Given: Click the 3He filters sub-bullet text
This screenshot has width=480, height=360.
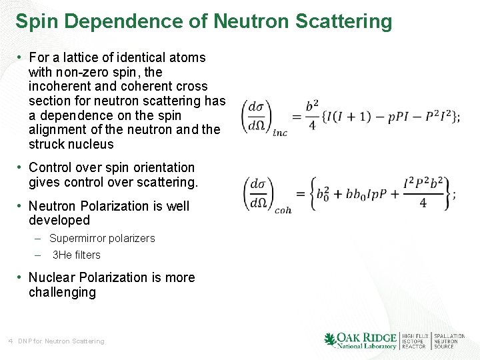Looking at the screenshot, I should click(76, 255).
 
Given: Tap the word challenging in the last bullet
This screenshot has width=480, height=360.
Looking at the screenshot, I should click(62, 293).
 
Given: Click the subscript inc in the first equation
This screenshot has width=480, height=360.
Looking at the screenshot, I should click(280, 133).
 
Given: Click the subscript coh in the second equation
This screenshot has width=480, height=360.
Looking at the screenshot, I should click(283, 210).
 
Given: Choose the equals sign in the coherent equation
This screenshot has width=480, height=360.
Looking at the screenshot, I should click(301, 194).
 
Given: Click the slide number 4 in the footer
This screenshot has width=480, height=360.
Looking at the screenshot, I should click(11, 341).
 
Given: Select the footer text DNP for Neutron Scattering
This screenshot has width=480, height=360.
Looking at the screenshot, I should click(61, 341).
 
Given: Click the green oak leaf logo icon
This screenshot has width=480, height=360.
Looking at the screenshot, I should click(330, 339).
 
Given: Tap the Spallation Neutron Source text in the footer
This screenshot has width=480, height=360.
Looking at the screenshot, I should click(449, 341).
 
